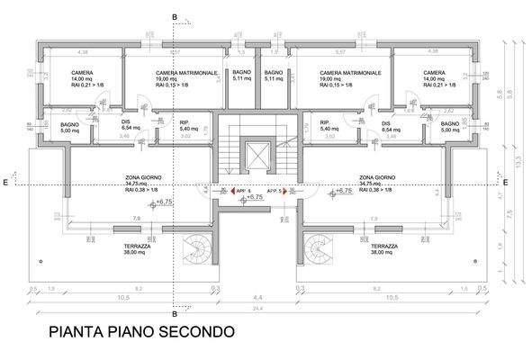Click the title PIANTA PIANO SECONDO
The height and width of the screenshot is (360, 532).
(x=141, y=331)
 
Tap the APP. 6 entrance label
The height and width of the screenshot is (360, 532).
(x=243, y=191)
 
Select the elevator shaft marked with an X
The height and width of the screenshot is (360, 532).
(x=258, y=155)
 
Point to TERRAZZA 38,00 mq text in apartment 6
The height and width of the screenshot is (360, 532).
(x=137, y=249)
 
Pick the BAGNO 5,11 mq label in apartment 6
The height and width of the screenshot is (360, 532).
(x=241, y=75)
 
